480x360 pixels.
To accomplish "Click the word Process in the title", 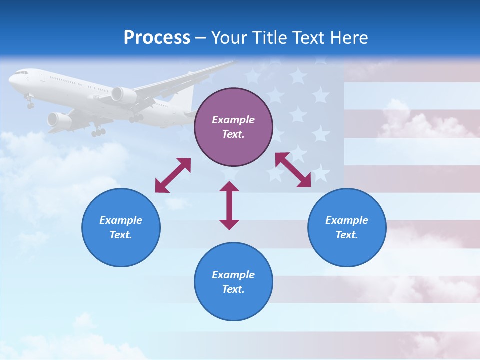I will pyautogui.click(x=157, y=38).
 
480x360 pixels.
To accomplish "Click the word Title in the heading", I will pyautogui.click(x=271, y=38).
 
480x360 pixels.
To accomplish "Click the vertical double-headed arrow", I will pyautogui.click(x=229, y=205).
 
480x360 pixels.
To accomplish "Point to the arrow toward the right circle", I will pyautogui.click(x=293, y=170).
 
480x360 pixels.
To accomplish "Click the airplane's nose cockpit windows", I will pyautogui.click(x=20, y=73).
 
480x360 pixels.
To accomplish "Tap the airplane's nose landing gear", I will pyautogui.click(x=30, y=104).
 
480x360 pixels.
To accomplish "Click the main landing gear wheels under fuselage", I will pyautogui.click(x=98, y=132).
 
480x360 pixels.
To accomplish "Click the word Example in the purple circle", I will pyautogui.click(x=233, y=120).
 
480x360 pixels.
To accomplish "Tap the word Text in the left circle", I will pyautogui.click(x=121, y=235).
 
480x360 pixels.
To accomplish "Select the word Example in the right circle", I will pyautogui.click(x=347, y=220).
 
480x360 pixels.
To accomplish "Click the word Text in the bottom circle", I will pyautogui.click(x=233, y=289).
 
